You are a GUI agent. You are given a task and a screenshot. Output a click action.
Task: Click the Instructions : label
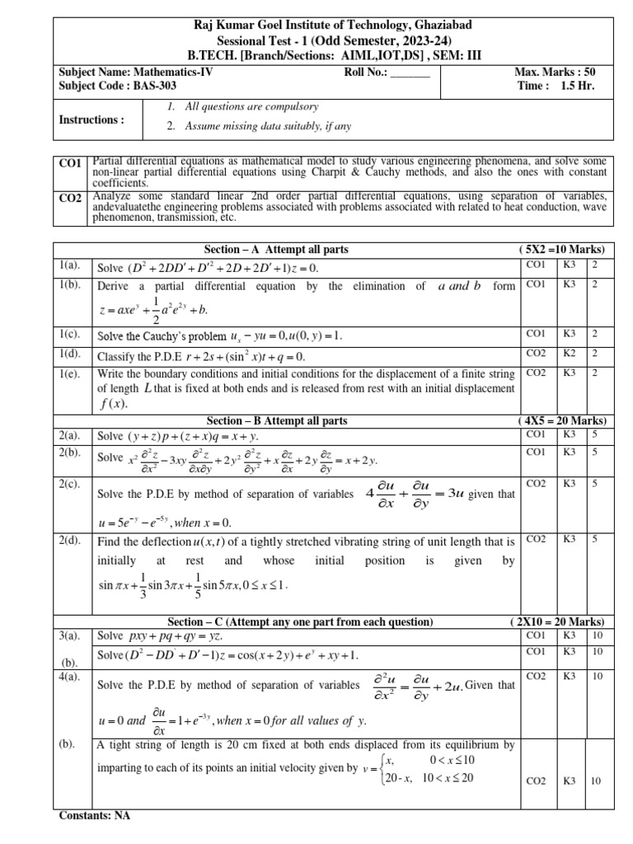point(91,120)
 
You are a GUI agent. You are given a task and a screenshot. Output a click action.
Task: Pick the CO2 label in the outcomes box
point(70,199)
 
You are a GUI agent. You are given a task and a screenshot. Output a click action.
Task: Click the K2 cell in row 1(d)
point(570,353)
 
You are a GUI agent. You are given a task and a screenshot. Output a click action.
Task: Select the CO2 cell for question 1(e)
point(535,372)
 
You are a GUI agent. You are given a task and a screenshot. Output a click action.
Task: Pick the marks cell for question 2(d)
point(594,539)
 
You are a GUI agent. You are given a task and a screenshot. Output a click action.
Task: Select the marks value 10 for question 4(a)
point(598,675)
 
